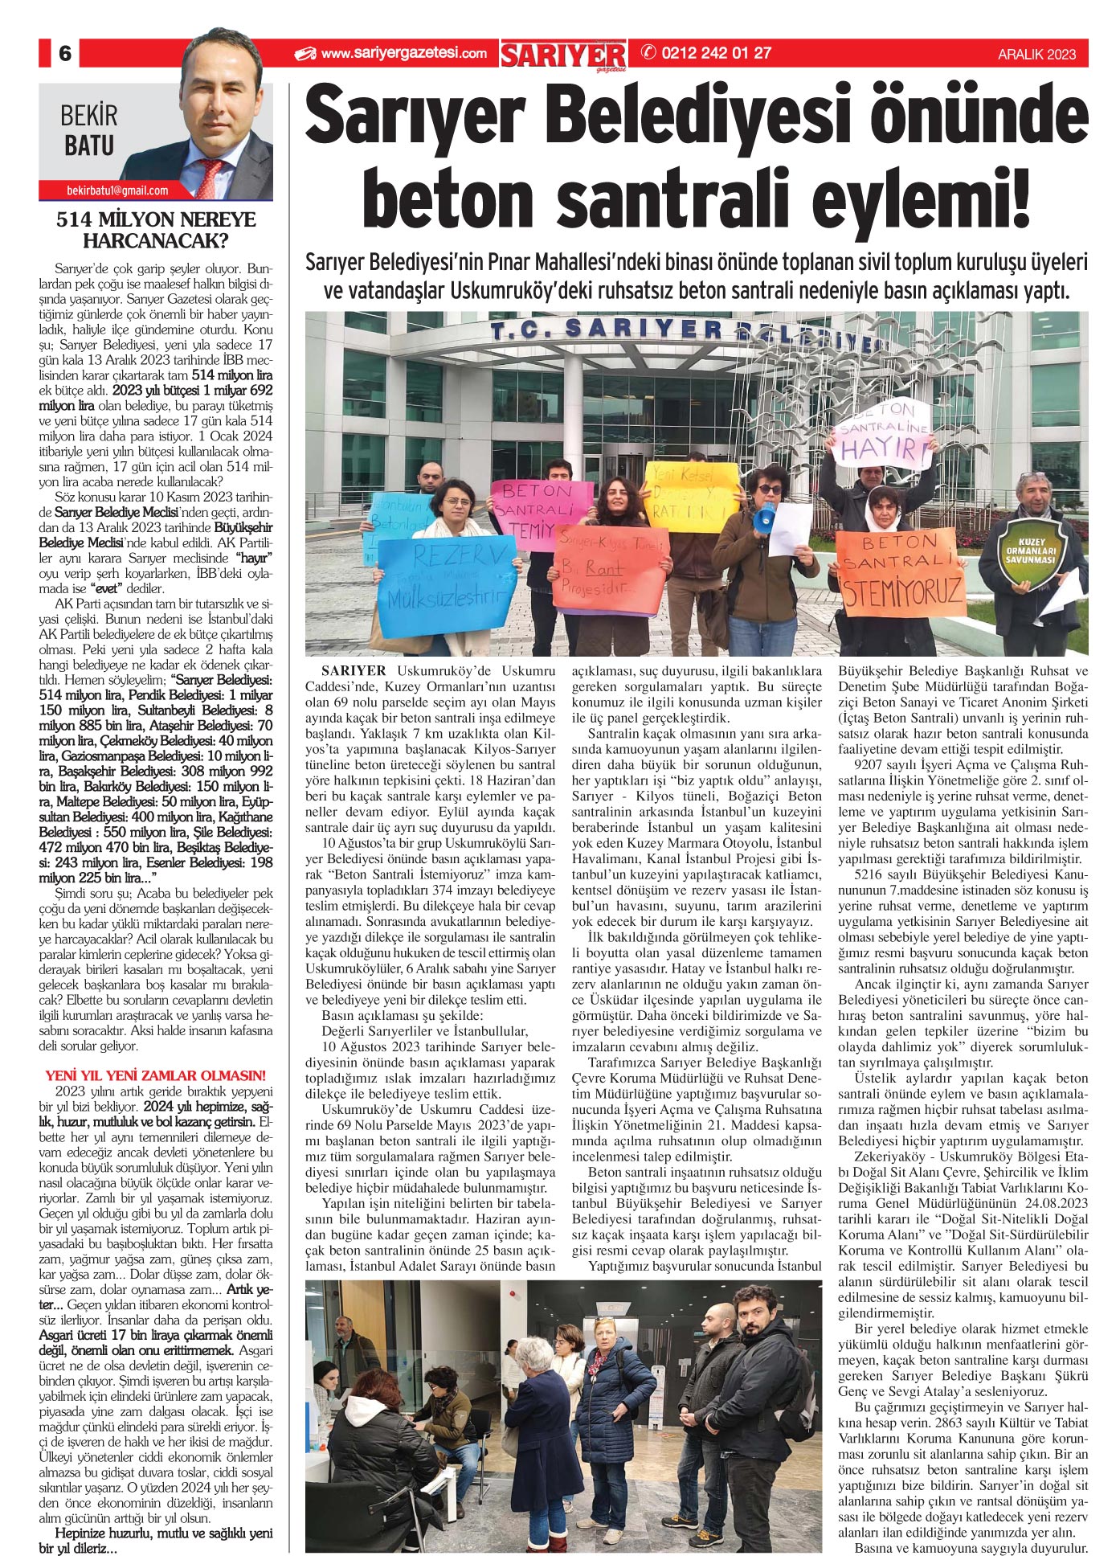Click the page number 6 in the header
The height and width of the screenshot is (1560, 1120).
pos(65,54)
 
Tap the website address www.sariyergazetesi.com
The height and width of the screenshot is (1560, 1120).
pos(403,54)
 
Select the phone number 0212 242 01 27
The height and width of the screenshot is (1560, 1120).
pos(715,54)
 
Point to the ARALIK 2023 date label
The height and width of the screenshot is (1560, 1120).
pos(1036,55)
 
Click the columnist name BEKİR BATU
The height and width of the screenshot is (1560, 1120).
pos(88,131)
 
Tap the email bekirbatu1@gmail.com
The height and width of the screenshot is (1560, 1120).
pos(117,190)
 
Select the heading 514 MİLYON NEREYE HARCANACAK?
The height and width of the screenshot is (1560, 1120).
pos(156,230)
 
